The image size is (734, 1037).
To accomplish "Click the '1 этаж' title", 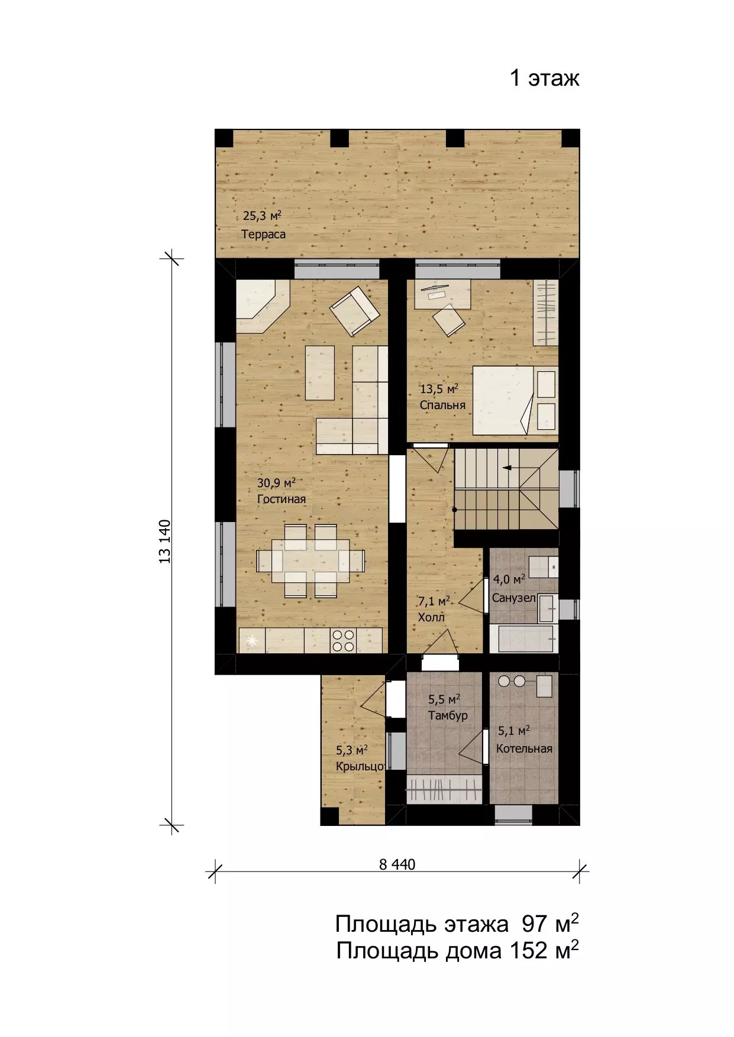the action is point(545,78).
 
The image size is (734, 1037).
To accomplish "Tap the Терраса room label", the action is point(263,234).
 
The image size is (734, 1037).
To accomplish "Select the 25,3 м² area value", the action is point(262,216).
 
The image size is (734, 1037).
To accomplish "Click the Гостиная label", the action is point(282,500).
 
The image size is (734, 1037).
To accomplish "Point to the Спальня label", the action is point(442,406).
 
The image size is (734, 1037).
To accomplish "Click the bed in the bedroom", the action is point(514,400).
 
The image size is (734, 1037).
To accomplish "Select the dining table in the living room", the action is point(311,560).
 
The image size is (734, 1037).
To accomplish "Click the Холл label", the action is point(431,618).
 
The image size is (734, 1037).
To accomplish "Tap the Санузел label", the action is point(514,598).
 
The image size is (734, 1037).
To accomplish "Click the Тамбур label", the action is point(448,716).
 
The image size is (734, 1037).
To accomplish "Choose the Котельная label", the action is point(524,749).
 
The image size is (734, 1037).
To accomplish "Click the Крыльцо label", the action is point(360,767).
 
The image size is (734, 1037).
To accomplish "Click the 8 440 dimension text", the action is point(397,864).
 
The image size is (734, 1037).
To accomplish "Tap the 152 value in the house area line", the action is point(523,951).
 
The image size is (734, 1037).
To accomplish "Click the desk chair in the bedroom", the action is point(448,320).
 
